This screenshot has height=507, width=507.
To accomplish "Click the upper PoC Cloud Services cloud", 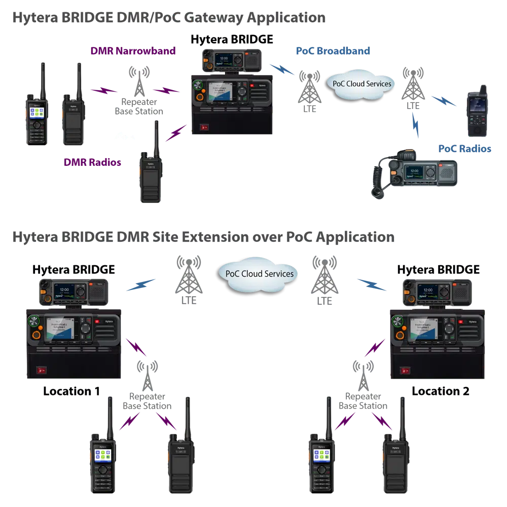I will click(361, 83).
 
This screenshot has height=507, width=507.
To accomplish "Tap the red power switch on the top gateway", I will click(204, 127).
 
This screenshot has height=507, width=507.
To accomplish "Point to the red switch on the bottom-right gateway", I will click(405, 371).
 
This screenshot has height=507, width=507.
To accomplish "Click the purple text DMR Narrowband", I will click(133, 51).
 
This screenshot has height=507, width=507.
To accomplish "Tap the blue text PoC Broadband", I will click(333, 51).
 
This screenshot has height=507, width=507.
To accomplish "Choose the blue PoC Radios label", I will click(465, 149).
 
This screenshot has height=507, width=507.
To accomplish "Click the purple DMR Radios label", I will click(91, 163).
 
